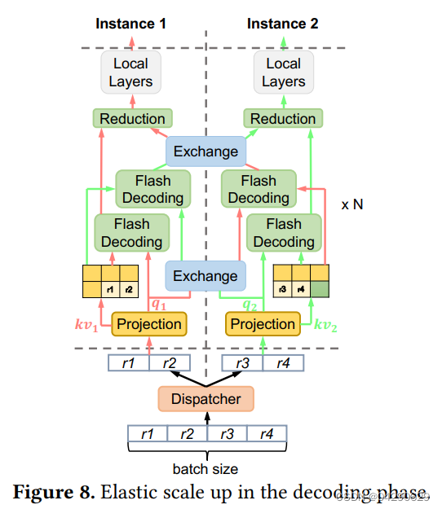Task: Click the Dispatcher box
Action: click(x=206, y=399)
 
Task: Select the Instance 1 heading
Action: click(x=130, y=24)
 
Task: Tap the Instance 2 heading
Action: click(x=282, y=24)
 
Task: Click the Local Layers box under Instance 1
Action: click(x=130, y=72)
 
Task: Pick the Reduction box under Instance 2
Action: click(x=282, y=119)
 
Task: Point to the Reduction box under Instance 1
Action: click(x=132, y=119)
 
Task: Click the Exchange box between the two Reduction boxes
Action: click(x=206, y=151)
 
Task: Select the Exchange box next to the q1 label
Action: click(x=206, y=276)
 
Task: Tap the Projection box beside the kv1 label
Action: click(x=149, y=323)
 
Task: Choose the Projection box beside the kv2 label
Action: click(x=263, y=323)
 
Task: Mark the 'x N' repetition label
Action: click(x=351, y=205)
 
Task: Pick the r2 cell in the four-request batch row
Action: click(x=187, y=435)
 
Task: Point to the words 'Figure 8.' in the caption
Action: click(x=54, y=491)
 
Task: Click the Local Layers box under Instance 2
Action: click(x=282, y=72)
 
